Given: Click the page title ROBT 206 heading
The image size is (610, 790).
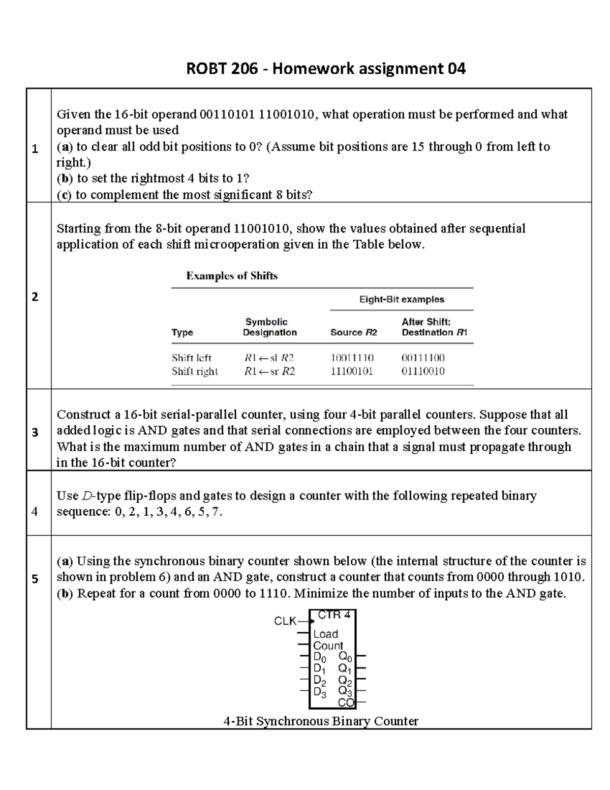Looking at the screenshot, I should tap(326, 68).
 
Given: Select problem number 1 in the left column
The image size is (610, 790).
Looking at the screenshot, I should tap(35, 149).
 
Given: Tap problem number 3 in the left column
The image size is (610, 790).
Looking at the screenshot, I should tap(35, 432).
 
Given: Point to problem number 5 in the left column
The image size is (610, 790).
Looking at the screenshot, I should tap(35, 578).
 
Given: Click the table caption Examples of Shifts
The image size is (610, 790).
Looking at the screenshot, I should tap(232, 276).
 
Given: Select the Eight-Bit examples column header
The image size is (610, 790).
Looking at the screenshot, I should tap(402, 299).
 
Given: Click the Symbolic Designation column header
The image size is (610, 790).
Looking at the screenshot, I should tap(269, 327).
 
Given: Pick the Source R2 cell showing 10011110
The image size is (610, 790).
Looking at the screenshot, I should tap(352, 358).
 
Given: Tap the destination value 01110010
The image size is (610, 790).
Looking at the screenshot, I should tap(423, 371).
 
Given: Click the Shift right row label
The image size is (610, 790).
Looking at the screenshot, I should tap(195, 371).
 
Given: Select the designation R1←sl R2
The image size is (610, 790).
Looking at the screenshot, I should tap(269, 358).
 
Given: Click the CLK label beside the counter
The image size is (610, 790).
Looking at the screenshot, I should tap(285, 621).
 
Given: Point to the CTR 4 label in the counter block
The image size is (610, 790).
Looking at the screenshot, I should tap(333, 615).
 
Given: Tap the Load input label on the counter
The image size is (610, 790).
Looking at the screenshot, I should tap(325, 634).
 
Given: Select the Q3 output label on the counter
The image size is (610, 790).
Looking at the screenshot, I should tap(345, 691).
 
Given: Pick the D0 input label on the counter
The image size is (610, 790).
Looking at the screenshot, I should tap(320, 657).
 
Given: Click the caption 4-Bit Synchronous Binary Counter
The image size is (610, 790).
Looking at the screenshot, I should tap(321, 721).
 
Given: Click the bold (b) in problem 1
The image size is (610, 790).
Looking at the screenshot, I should tap(65, 178).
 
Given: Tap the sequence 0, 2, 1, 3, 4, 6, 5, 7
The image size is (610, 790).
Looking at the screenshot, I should tap(169, 512).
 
